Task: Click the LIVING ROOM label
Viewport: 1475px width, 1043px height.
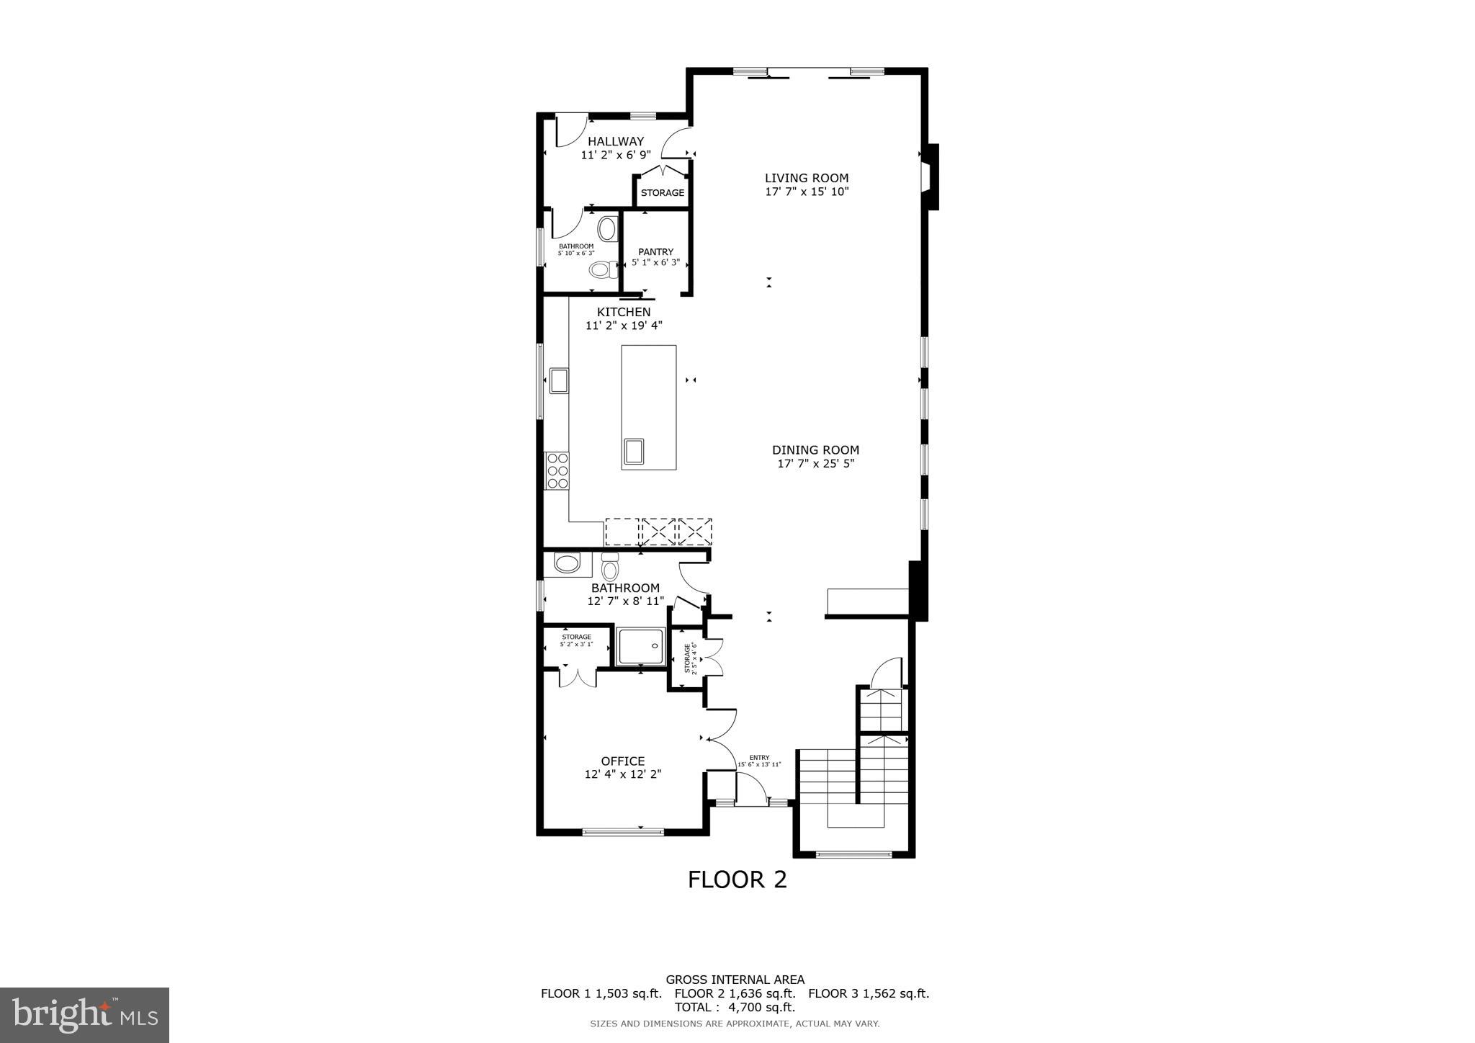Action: tap(806, 178)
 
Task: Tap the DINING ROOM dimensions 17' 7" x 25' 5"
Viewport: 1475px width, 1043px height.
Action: tap(815, 464)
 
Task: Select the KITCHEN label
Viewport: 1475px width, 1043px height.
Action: tap(623, 312)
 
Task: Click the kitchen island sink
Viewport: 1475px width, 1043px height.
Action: tap(635, 452)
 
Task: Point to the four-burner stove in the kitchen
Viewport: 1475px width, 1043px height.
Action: tap(556, 470)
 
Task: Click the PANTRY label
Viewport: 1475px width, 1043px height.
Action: tap(655, 251)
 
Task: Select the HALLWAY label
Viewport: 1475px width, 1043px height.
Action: tap(615, 141)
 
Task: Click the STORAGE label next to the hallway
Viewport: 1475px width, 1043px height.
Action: tap(662, 193)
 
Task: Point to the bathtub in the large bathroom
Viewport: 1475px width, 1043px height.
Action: tap(567, 563)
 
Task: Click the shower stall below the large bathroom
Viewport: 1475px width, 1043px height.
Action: tap(640, 646)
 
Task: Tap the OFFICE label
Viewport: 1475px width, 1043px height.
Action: tap(622, 761)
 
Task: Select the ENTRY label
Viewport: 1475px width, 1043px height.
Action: tap(759, 757)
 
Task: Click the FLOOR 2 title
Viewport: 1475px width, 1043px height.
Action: tap(737, 879)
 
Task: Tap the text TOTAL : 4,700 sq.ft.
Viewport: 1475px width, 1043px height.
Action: tap(735, 1007)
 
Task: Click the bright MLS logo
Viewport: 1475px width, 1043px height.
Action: tap(84, 1015)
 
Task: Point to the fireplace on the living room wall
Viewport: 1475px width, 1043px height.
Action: tap(931, 177)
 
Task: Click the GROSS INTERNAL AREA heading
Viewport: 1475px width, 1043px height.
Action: tap(735, 980)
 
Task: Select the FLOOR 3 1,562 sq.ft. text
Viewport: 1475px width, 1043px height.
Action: tap(869, 993)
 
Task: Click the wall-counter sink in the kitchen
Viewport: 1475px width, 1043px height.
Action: tap(559, 380)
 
